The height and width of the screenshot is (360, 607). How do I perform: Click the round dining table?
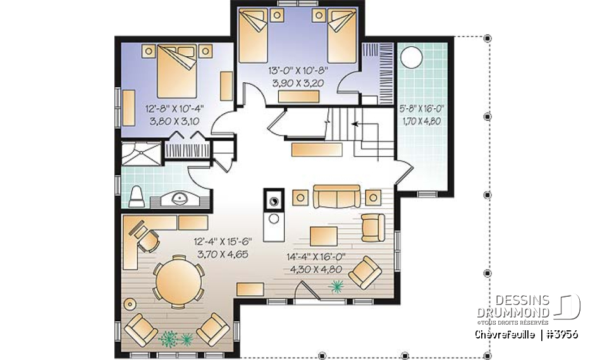(178, 282)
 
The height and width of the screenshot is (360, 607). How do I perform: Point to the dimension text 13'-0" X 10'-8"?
(298, 70)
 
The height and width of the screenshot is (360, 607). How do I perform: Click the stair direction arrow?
(356, 125)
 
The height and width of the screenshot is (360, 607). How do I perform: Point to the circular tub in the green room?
(412, 58)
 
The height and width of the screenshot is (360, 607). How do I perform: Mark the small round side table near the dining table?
(131, 302)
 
